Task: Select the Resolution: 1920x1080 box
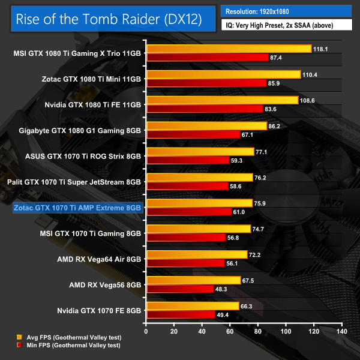tap(287, 11)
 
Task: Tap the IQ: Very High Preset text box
tap(287, 25)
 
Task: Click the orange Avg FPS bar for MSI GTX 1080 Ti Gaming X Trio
tap(229, 49)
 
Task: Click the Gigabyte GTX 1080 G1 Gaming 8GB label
tap(80, 130)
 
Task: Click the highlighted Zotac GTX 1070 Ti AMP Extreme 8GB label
tap(78, 208)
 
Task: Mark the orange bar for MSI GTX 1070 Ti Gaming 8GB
tap(199, 229)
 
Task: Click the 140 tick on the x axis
tap(342, 331)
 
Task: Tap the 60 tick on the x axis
tap(230, 331)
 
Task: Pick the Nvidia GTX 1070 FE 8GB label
tap(92, 311)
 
